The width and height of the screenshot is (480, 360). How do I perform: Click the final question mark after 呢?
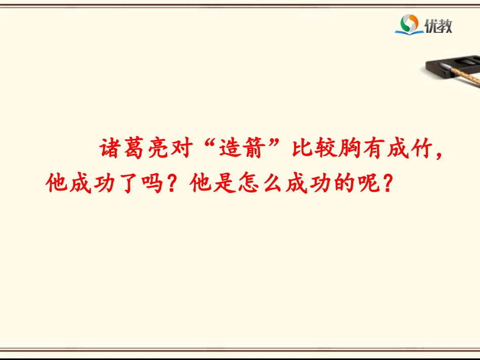coord(388,186)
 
